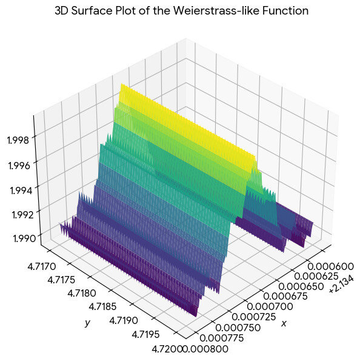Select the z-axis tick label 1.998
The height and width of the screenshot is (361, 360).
(x=18, y=140)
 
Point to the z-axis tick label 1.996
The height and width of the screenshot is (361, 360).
(x=19, y=166)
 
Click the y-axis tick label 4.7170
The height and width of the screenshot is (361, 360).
(x=42, y=266)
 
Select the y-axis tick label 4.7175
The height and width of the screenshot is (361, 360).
(x=61, y=280)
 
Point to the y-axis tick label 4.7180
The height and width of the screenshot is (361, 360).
(x=82, y=293)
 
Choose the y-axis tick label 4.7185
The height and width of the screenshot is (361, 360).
(x=102, y=306)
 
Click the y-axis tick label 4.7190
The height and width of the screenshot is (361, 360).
(x=124, y=320)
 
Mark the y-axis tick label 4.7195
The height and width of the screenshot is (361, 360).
(x=145, y=334)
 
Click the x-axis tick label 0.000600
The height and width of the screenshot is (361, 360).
(x=330, y=266)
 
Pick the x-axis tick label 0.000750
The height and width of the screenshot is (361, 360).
(x=238, y=328)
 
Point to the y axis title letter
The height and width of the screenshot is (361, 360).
(x=87, y=323)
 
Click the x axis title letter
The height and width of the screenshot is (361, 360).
(x=284, y=323)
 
